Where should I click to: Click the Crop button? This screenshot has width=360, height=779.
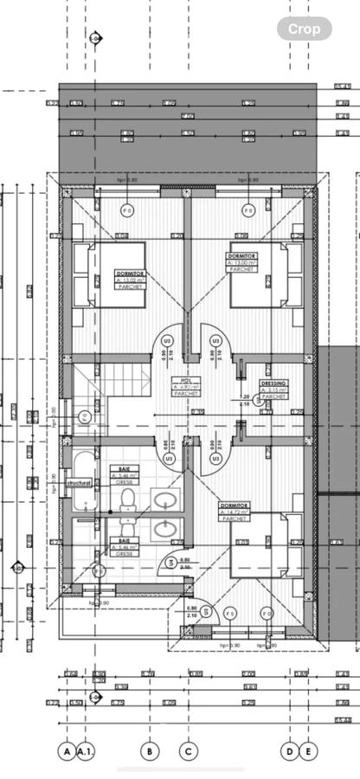(x=304, y=29)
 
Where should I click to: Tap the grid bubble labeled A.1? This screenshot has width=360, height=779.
(x=86, y=752)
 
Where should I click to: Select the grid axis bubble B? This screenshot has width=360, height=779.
(x=150, y=752)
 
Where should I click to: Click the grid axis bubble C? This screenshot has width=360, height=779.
(x=187, y=752)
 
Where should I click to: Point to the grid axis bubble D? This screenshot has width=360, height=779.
(x=291, y=752)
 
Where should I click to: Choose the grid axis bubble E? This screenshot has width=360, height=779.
(x=308, y=752)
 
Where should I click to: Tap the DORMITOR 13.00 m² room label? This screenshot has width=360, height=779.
(x=243, y=262)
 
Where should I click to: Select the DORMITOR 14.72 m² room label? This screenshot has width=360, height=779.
(x=236, y=509)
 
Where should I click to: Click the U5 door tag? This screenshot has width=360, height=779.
(x=207, y=613)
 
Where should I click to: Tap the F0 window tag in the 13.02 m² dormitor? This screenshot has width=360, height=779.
(x=126, y=210)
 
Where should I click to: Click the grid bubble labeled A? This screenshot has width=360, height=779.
(x=67, y=752)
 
